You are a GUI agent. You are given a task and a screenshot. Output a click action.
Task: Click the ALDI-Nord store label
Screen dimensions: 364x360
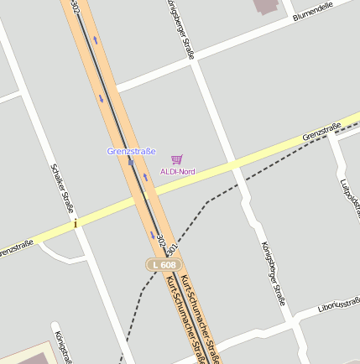click(177, 172)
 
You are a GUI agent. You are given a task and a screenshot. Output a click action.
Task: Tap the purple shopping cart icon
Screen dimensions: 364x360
click(176, 159)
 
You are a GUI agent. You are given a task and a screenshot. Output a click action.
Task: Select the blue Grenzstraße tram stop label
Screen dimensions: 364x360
click(132, 151)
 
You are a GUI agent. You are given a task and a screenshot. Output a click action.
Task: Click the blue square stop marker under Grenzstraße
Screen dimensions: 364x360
click(131, 161)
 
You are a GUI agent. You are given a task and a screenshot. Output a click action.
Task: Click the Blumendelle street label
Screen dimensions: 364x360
click(313, 12)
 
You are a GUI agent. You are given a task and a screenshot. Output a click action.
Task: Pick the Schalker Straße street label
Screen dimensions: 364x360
click(63, 189)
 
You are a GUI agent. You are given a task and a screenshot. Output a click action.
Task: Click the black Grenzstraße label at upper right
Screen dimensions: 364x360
click(322, 132)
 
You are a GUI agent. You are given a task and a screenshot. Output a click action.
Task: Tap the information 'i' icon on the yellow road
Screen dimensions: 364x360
click(76, 224)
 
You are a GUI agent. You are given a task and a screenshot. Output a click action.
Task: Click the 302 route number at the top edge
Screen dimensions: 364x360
click(76, 6)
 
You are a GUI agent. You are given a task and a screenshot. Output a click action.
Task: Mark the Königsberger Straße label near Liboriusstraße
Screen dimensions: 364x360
click(274, 273)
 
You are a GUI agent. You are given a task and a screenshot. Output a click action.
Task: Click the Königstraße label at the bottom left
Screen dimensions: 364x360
click(60, 346)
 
